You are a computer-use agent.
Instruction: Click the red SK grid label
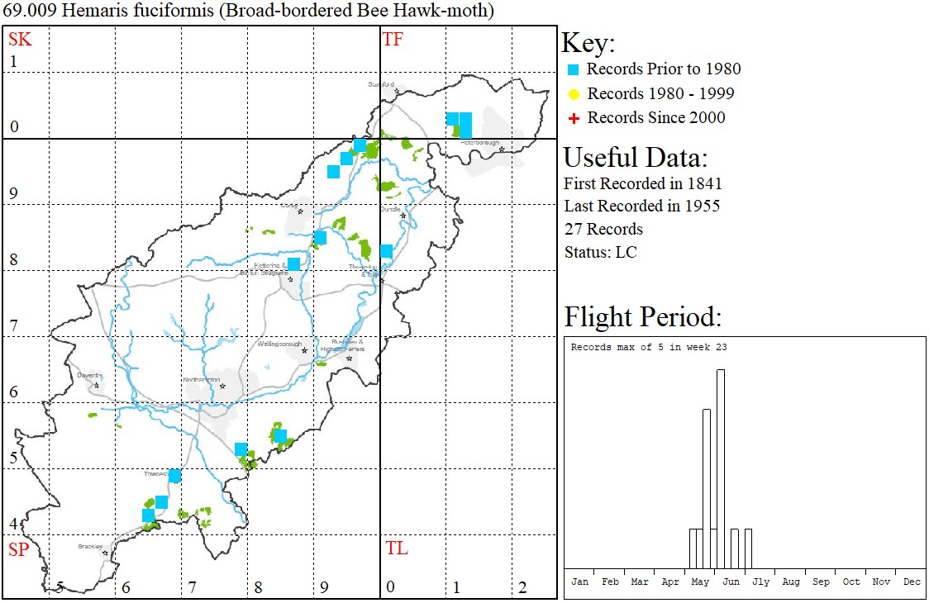19,39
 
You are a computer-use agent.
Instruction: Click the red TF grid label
393,39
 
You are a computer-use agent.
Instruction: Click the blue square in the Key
573,69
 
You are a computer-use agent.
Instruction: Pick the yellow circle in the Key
573,94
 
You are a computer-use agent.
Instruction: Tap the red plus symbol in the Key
573,118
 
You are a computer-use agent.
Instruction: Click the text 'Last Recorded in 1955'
641,206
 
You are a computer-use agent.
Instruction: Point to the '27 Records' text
603,229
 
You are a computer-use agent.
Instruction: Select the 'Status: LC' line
600,252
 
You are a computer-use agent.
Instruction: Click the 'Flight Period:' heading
642,316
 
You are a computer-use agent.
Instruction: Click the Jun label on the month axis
731,582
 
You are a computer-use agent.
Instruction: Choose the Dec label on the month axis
912,582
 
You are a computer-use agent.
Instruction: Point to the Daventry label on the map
88,375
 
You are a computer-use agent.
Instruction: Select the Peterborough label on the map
481,142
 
